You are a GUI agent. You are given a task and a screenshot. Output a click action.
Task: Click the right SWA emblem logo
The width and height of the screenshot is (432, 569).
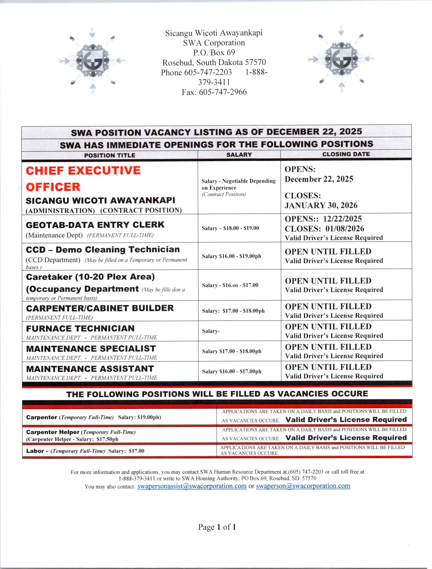[x=341, y=59]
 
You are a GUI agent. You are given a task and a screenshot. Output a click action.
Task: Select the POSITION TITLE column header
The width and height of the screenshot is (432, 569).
[x=110, y=155]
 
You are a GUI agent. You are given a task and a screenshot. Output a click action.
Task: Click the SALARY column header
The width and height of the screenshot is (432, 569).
[x=239, y=155]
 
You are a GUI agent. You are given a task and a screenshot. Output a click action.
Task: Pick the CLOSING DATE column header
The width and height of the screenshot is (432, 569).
[x=346, y=154]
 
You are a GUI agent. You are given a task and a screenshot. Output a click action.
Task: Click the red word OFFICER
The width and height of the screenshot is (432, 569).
[x=53, y=187]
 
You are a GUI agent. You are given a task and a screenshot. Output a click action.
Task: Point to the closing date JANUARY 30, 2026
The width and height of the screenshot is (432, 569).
[x=321, y=205]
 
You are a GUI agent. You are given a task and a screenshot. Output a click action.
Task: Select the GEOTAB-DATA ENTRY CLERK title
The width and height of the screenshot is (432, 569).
[x=95, y=225]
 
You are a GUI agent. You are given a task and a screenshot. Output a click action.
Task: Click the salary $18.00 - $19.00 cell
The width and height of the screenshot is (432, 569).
[x=230, y=228]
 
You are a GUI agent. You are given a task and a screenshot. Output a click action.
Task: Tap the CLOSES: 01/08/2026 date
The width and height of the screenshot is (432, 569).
[x=325, y=228]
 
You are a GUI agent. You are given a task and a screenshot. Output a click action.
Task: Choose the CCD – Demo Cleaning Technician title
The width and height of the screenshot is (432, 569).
[x=103, y=250]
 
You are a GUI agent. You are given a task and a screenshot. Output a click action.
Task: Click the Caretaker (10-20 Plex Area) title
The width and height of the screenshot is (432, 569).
[x=90, y=277]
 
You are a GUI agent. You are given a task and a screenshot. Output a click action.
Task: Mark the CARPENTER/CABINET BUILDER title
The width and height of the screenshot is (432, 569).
[x=100, y=308]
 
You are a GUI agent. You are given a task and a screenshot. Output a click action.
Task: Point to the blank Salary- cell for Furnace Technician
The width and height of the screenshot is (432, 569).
[x=211, y=331]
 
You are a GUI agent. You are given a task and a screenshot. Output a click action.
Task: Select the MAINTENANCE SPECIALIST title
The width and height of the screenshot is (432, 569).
[x=91, y=349]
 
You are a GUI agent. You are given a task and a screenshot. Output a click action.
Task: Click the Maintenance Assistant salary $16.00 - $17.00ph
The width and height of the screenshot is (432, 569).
[x=231, y=371]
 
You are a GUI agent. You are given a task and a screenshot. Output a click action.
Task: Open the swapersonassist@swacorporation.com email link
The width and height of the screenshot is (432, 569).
[x=192, y=486]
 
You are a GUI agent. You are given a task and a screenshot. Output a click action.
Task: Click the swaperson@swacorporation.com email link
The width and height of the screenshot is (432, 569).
[x=303, y=486]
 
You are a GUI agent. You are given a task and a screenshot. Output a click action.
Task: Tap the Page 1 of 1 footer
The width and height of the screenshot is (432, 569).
[x=217, y=527]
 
